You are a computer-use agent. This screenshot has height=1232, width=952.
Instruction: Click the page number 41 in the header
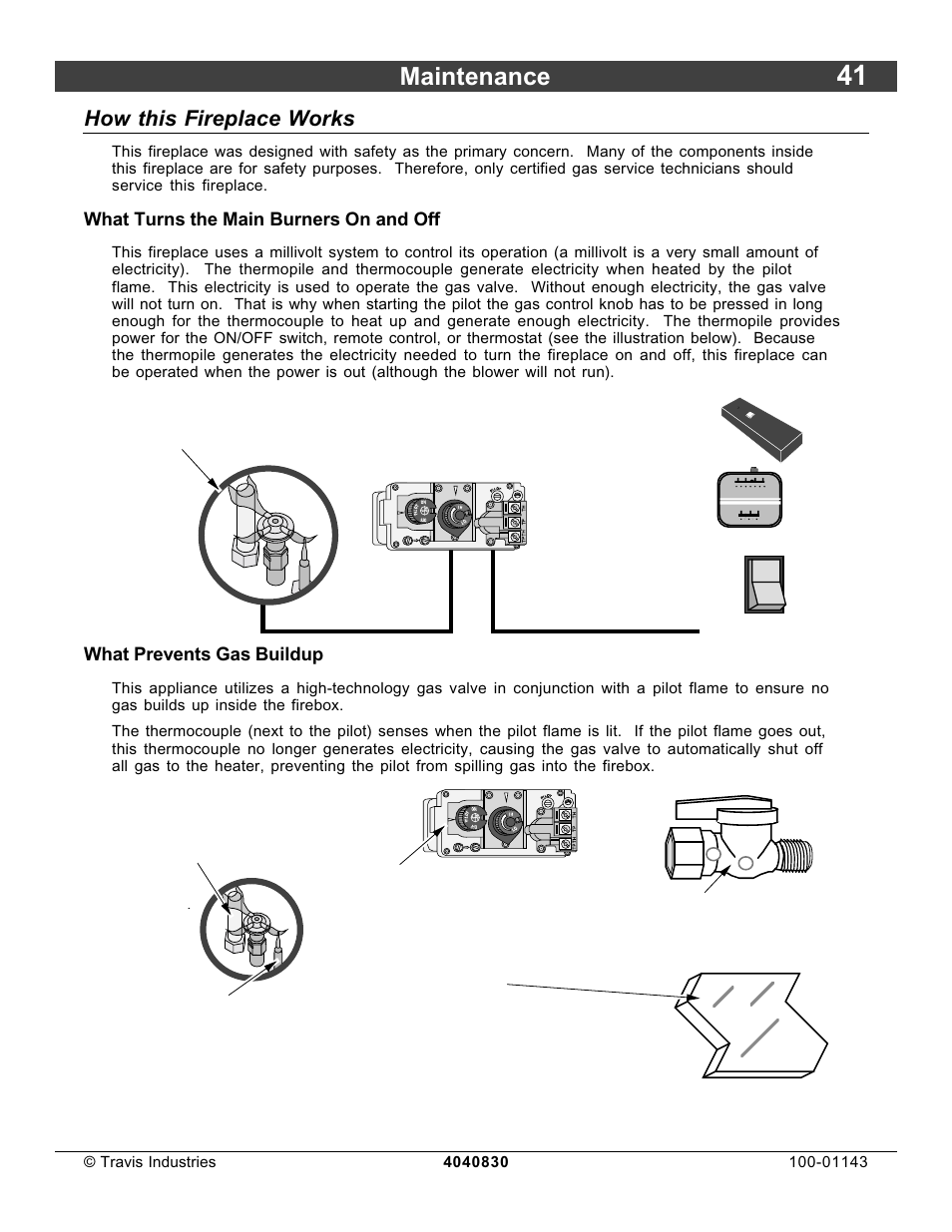pos(851,77)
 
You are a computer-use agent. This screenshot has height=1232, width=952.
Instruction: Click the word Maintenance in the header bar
pos(474,77)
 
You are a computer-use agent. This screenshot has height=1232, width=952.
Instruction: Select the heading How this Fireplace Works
pos(220,119)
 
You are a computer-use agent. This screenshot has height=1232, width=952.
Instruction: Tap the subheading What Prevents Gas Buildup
pos(204,654)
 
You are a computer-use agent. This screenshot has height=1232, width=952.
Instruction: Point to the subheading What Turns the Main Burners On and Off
pos(261,219)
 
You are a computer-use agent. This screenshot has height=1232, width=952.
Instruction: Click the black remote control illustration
pos(761,428)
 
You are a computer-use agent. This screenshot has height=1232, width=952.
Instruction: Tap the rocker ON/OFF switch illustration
pos(764,585)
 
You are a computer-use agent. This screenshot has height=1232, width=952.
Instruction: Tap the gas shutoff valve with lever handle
pos(736,838)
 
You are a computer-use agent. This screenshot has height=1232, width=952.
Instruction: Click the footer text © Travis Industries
pos(150,1161)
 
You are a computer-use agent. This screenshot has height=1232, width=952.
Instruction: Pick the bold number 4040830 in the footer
pos(476,1162)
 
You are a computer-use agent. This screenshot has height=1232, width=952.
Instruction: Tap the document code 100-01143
pos(827,1161)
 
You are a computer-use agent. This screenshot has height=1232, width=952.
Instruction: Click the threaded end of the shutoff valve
pos(796,856)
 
